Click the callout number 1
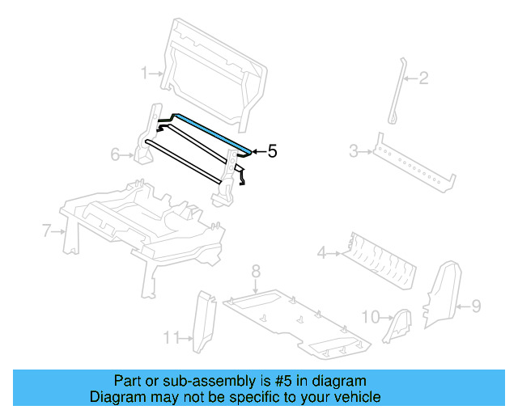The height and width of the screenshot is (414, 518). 145,74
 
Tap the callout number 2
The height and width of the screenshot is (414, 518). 422,78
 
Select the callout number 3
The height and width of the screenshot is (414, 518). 354,150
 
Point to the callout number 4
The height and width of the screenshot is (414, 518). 321,254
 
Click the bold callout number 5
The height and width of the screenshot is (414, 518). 272,151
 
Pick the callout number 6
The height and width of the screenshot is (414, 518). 115,154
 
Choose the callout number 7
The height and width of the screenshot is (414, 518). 47,231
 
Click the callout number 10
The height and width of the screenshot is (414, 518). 370,317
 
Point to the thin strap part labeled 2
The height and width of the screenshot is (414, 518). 397,89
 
